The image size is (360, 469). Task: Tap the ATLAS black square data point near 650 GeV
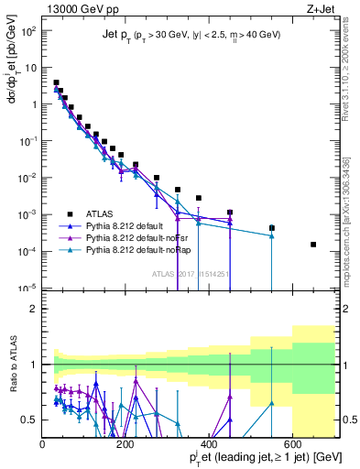point(313,245)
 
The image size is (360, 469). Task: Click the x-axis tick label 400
point(210,443)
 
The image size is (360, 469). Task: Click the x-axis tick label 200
point(125,443)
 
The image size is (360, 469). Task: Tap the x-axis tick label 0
point(43,443)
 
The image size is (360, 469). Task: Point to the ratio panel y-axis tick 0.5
point(30,420)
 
